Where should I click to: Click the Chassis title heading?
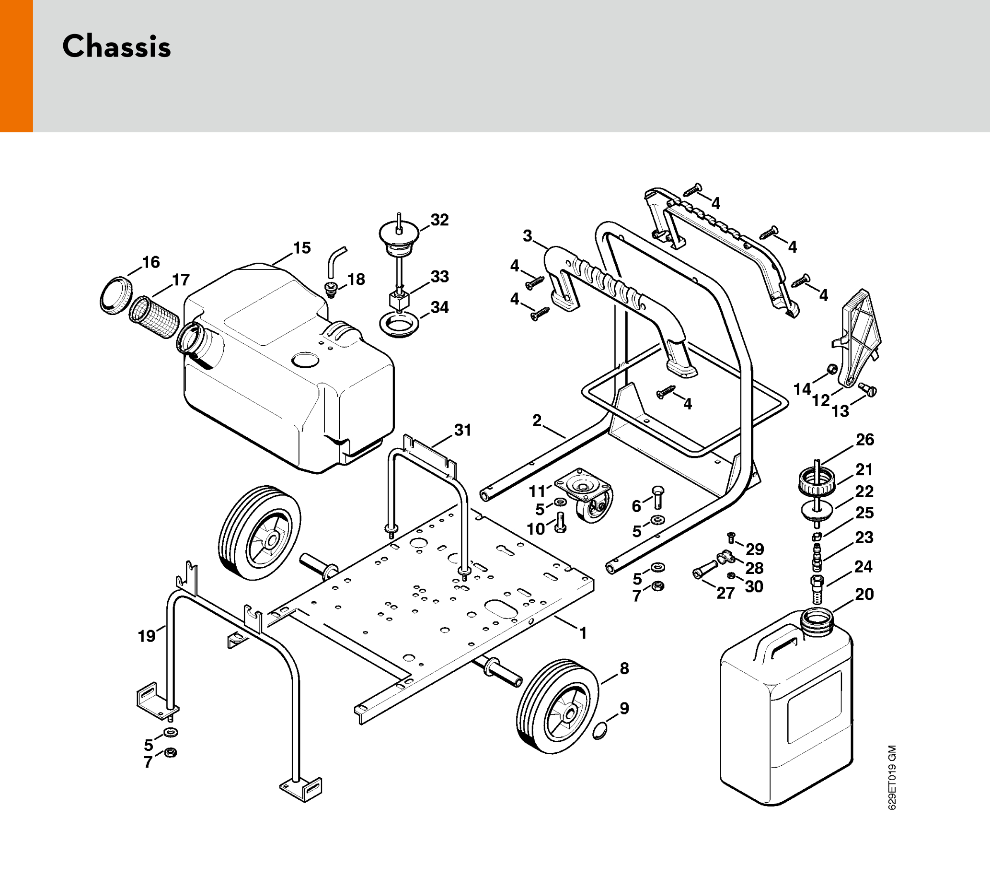[116, 47]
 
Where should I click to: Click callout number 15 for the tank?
[302, 248]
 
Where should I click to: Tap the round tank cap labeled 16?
[116, 295]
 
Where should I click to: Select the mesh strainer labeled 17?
[154, 317]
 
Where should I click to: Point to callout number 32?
[439, 220]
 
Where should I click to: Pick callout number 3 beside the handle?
[527, 236]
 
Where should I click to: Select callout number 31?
[462, 431]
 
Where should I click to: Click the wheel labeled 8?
[557, 704]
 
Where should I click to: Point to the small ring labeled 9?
[601, 731]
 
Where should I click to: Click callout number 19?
[146, 636]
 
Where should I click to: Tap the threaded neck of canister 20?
[817, 618]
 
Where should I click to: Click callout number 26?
[864, 440]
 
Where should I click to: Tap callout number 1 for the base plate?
[582, 633]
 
